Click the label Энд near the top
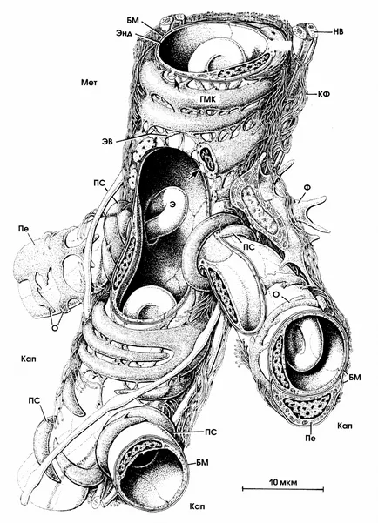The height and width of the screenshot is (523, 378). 125,33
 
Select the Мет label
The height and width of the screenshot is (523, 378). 89,82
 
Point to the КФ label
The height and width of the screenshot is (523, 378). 325,94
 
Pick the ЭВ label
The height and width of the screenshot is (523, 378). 107,142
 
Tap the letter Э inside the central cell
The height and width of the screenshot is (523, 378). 172,205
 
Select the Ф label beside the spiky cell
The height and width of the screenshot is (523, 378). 307,188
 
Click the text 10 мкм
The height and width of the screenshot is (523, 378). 283,481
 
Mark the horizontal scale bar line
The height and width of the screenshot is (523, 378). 283,489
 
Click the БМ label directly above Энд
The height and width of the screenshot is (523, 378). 131,22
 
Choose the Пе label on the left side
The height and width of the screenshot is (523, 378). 24,229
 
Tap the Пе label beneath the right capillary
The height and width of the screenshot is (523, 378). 311,438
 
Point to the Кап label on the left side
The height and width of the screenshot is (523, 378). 28,359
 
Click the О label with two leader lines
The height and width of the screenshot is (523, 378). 55,327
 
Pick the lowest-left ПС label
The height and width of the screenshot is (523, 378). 35,400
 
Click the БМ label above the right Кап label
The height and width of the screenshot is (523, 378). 355,378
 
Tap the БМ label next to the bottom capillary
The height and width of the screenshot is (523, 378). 203,462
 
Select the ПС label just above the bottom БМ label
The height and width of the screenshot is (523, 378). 211,432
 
